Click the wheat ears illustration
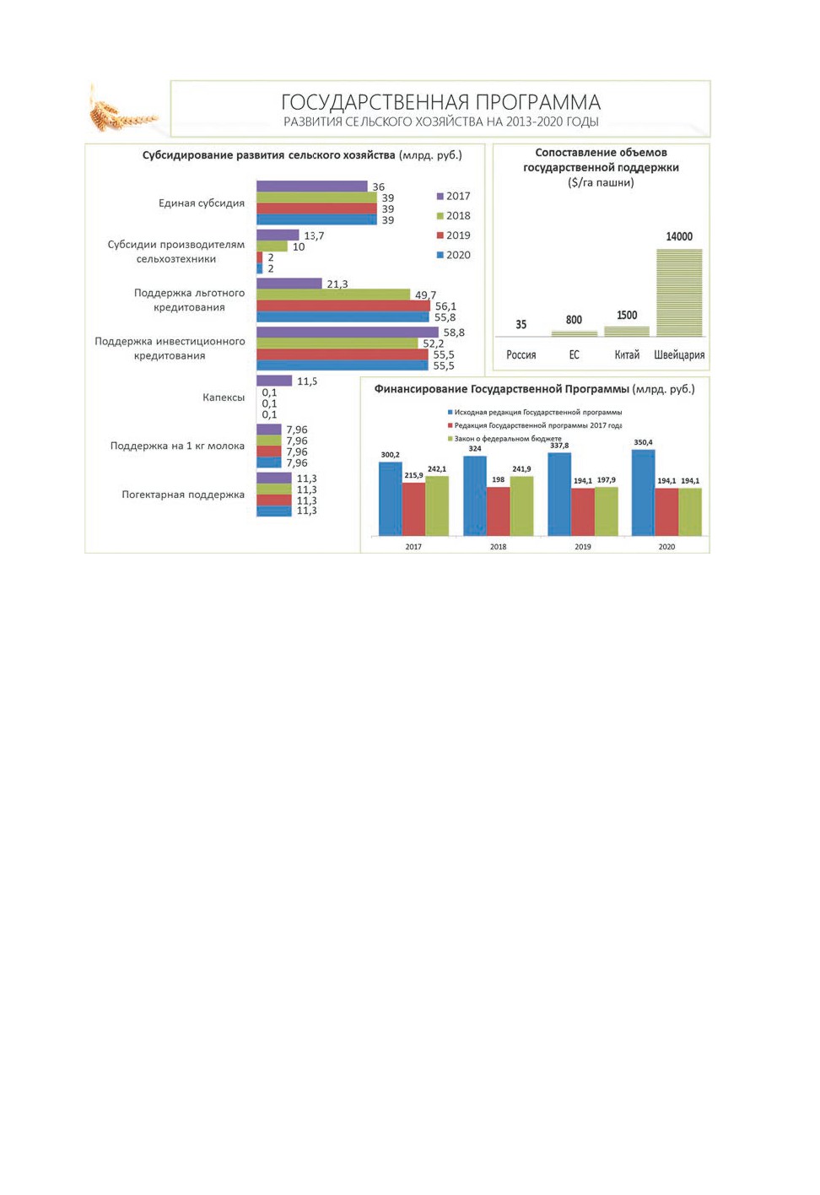121,110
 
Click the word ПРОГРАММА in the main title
538,102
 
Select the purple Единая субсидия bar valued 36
312,187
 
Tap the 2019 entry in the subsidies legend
453,235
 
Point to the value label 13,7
314,235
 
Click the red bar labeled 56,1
343,306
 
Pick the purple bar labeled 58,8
347,333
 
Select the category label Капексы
224,397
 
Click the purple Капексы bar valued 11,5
274,381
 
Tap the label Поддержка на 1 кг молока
177,446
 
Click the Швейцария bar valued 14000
679,292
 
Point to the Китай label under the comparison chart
627,354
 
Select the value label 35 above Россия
521,324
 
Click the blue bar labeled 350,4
643,492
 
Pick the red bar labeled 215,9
413,509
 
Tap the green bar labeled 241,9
521,506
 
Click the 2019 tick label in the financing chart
583,547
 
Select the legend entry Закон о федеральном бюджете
504,439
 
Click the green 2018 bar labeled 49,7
333,295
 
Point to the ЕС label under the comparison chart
574,354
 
